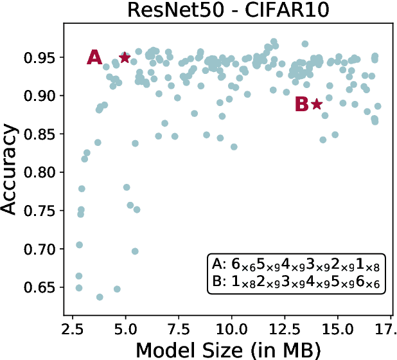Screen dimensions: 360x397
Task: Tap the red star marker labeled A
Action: click(125, 57)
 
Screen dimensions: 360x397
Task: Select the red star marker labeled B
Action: click(316, 104)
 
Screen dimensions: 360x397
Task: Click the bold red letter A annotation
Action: click(94, 58)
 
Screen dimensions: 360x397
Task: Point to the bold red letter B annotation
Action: click(301, 105)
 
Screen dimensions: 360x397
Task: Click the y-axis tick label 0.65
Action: click(41, 287)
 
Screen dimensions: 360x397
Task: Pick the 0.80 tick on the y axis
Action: click(41, 172)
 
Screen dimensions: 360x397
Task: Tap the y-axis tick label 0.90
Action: click(41, 96)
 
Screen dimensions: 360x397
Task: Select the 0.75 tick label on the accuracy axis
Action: click(41, 211)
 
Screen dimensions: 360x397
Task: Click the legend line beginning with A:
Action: click(295, 265)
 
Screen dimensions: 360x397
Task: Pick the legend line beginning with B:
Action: click(295, 282)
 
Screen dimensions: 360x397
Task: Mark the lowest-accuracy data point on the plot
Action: click(100, 297)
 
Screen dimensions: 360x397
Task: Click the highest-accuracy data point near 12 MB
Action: click(274, 42)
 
